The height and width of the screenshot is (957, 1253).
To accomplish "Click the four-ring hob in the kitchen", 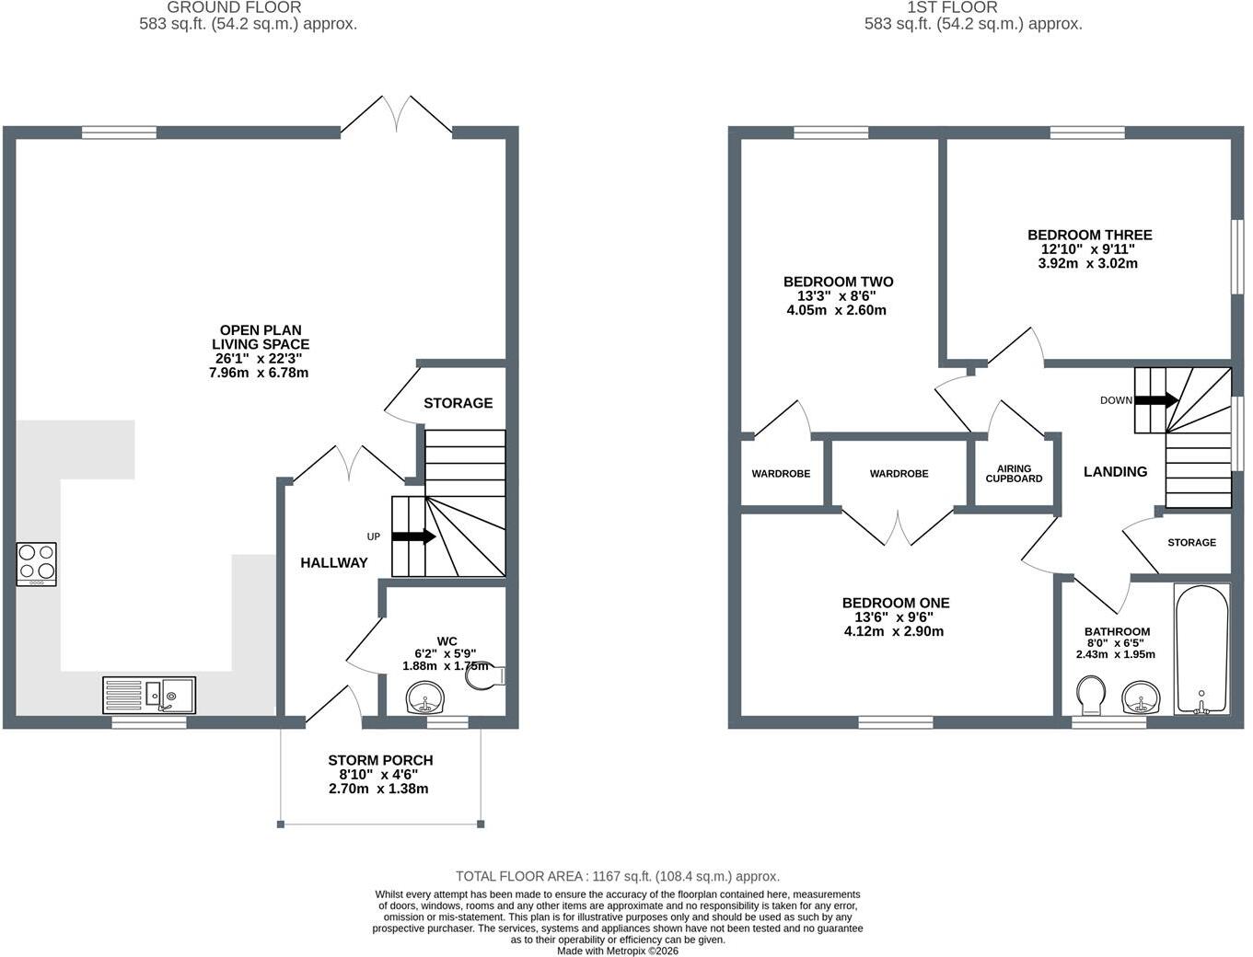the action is coord(37,564).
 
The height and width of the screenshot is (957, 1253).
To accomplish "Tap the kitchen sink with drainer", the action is coord(149,695).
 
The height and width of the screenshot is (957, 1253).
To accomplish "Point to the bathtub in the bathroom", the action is coord(1201,649).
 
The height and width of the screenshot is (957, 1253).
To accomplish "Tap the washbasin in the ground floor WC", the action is coord(426,698).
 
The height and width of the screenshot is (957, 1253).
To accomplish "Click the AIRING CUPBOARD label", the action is coord(1014,474).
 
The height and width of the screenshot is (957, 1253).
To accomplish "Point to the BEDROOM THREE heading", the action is coord(1090,235).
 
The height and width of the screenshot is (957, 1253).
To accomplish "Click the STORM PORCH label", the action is coord(380,760).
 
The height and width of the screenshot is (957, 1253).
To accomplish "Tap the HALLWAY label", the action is coord(334,563).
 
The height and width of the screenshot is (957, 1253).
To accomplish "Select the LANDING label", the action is coord(1116,472).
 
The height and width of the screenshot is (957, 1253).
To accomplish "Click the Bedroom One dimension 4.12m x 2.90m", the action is coord(894,631).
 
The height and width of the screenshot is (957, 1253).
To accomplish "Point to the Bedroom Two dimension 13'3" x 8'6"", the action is coord(836,296).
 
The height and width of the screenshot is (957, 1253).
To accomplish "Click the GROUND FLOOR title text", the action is coord(234,7).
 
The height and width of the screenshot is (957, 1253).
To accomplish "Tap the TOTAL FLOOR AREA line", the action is coord(618,876).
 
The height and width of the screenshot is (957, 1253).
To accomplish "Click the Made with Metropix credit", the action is coord(618,951).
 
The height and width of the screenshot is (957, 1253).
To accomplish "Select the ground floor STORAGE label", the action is coord(458,403).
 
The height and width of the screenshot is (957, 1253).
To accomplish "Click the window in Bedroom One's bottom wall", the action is coord(896,722).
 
